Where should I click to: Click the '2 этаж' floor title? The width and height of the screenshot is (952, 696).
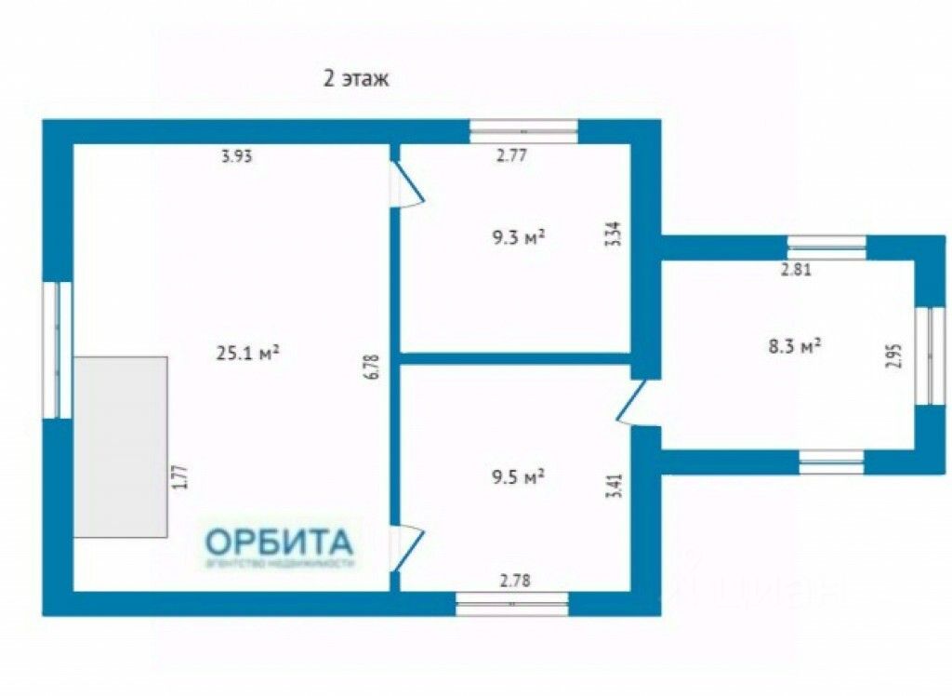click(x=356, y=79)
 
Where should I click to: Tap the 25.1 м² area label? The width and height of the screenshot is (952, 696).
click(x=248, y=353)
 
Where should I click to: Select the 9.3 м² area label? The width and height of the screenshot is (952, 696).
click(x=518, y=238)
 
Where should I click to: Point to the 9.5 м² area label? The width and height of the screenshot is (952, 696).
click(x=518, y=477)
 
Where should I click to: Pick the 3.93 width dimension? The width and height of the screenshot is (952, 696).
click(x=236, y=156)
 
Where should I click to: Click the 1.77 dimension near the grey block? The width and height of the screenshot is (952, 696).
click(x=182, y=476)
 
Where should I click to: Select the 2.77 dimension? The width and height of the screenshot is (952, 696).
click(x=512, y=156)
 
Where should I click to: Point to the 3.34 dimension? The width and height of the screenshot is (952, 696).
click(x=612, y=232)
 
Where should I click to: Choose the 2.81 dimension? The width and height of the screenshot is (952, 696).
click(x=802, y=271)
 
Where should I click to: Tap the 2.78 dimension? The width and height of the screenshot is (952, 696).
click(x=516, y=582)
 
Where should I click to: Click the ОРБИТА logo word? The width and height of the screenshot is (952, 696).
click(x=279, y=541)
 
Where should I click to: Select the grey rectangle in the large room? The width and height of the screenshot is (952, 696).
click(x=121, y=447)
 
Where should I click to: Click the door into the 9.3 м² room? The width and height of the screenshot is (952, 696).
click(x=407, y=184)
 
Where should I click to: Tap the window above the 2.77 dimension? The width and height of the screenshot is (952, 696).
click(x=523, y=131)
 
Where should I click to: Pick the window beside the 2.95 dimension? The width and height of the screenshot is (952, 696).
click(x=929, y=355)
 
